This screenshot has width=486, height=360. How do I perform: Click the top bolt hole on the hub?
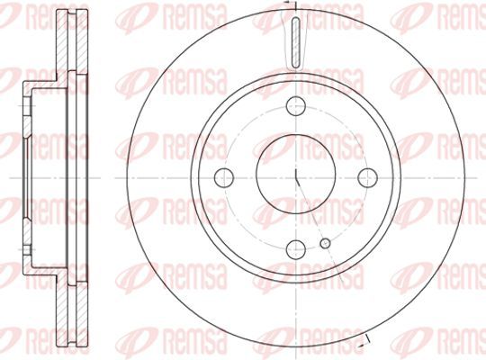[296, 106]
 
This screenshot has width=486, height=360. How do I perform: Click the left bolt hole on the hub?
[224, 178]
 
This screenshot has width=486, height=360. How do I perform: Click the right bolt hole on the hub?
[367, 177]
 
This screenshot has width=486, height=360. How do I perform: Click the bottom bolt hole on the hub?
[296, 249]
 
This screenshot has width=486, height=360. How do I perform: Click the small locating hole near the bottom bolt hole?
[325, 243]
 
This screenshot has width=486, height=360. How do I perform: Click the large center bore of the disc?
[296, 175]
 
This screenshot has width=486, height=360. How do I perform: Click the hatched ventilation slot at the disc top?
[296, 42]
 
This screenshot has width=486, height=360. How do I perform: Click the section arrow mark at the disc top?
[292, 3]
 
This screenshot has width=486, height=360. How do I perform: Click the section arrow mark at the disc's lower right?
[364, 341]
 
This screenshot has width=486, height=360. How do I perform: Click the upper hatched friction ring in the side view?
[72, 40]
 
